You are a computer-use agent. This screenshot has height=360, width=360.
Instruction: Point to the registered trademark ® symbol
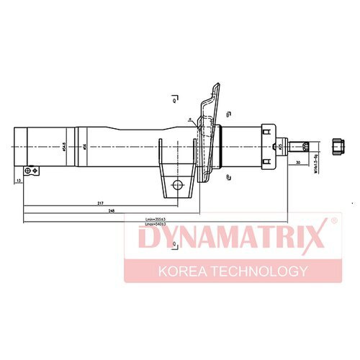[333, 220]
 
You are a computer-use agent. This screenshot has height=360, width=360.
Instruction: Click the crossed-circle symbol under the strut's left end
[29, 171]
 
